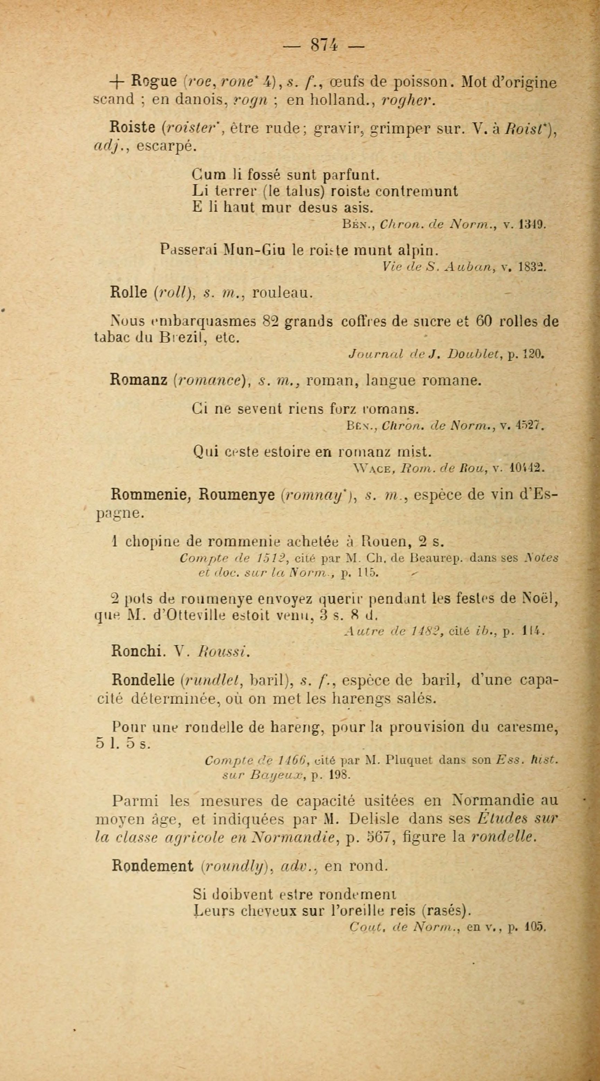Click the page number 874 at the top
click(x=323, y=44)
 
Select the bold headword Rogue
click(x=153, y=81)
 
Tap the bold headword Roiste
click(x=133, y=126)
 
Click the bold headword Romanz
click(x=139, y=380)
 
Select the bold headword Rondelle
click(x=143, y=680)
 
